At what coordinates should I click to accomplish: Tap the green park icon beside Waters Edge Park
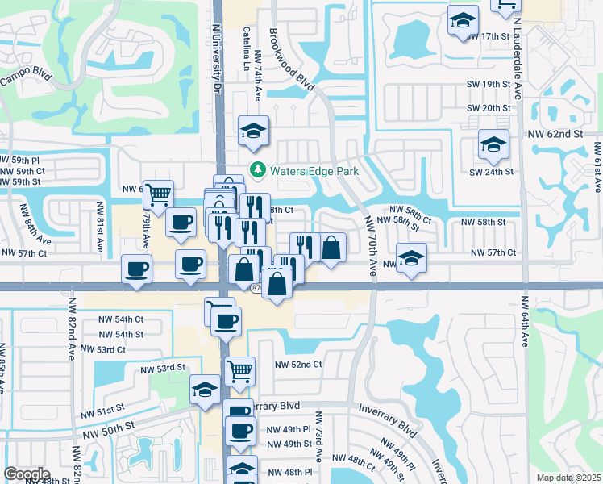[x=258, y=170]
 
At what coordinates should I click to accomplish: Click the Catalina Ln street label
[x=246, y=48]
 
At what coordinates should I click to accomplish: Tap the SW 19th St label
[x=489, y=84]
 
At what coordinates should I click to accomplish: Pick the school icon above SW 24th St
[x=493, y=144]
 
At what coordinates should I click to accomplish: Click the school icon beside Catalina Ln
[x=253, y=131]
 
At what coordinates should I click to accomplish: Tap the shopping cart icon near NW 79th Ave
[x=159, y=194]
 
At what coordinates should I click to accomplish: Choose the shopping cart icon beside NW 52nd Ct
[x=239, y=371]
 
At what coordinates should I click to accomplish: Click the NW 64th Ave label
[x=524, y=322]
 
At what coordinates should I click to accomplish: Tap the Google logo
[x=27, y=474]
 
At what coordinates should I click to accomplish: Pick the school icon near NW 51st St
[x=205, y=390]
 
